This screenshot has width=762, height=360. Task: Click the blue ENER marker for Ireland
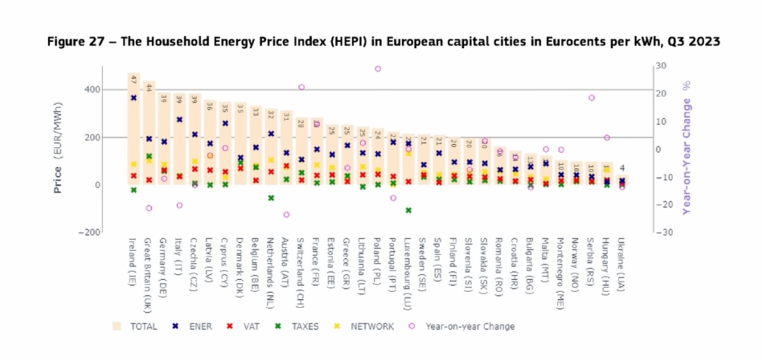point(134,98)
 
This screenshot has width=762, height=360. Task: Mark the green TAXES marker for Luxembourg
point(408,210)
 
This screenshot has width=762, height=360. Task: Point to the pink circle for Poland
point(378,69)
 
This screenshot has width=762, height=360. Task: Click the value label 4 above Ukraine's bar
point(622,168)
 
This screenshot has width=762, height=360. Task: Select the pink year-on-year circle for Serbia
point(592,98)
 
